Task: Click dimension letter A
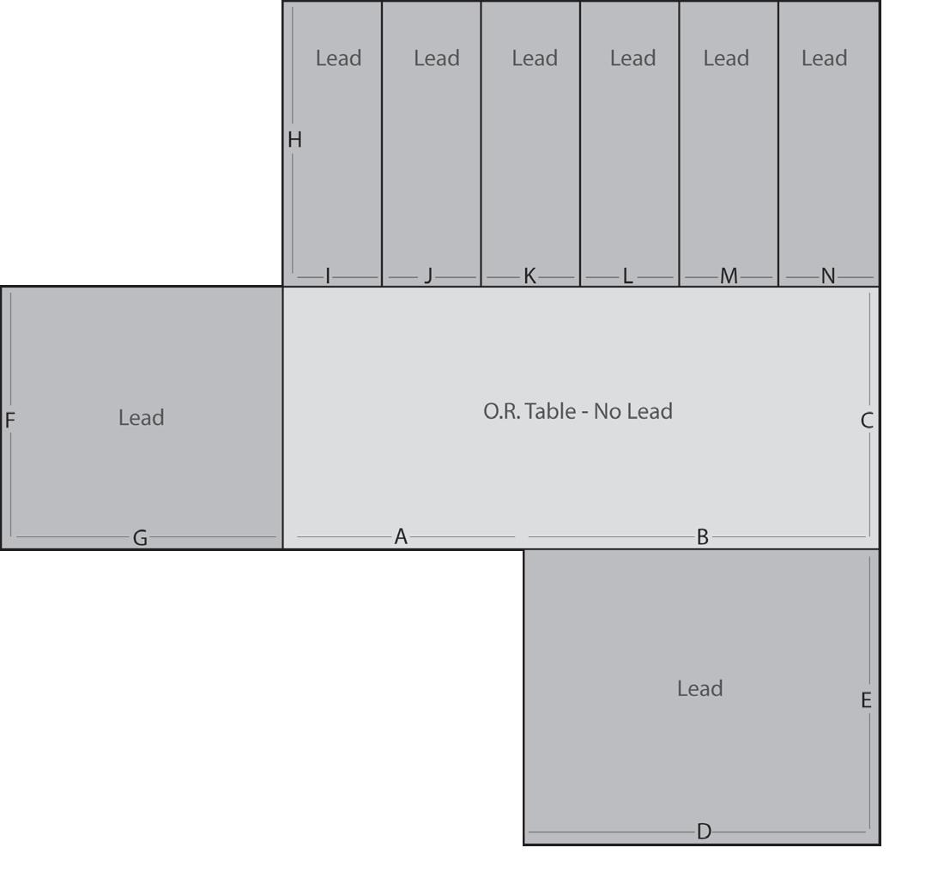400,537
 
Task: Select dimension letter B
702,537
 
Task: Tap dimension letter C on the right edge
867,421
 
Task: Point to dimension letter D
704,832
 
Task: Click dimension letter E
866,700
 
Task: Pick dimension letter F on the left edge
10,421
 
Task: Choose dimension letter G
140,539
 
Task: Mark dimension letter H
294,140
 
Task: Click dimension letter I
328,276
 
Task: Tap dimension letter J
428,276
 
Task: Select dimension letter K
529,276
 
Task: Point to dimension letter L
627,276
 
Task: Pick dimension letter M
729,276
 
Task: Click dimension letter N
827,276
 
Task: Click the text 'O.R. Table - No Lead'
578,412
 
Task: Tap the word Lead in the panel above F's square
141,418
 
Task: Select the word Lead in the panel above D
699,688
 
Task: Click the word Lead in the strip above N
824,58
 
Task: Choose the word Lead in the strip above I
338,58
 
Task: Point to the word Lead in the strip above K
535,58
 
